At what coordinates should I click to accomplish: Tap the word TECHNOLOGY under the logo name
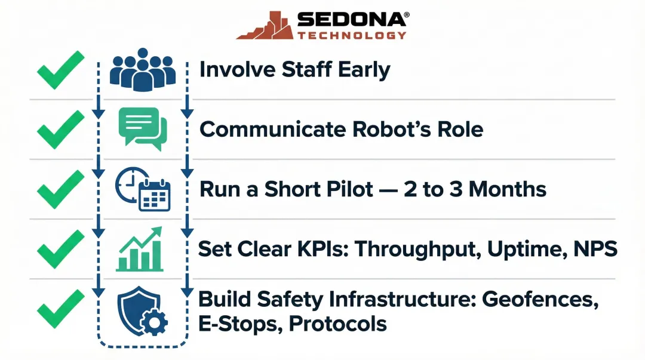[352, 35]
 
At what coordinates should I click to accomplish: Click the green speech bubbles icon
[143, 128]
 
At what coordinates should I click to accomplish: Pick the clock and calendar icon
[143, 189]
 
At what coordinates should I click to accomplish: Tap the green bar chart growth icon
[140, 249]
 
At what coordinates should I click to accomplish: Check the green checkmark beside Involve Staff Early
[60, 70]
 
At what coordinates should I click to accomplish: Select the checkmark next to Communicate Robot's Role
[60, 129]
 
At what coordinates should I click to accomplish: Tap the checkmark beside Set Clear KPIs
[60, 249]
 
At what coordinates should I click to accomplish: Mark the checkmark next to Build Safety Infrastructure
[60, 309]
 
